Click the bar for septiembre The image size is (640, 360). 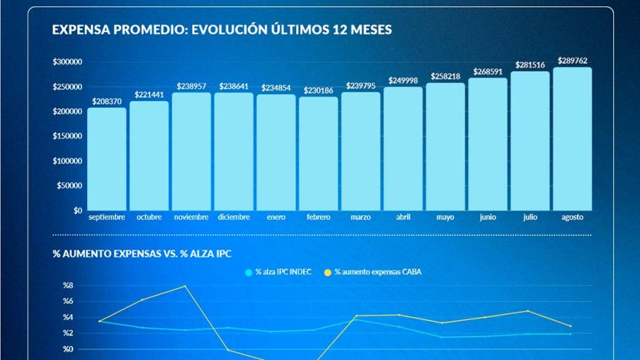107,159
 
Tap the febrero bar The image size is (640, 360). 319,154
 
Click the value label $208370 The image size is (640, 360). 107,102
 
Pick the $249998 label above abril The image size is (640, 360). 403,81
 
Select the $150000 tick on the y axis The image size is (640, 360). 67,136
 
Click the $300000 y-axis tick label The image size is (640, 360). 67,62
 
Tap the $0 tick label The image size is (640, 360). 76,211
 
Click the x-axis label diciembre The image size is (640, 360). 234,218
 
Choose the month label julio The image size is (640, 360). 530,218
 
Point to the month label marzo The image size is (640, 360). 361,218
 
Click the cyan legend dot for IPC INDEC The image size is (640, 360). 248,272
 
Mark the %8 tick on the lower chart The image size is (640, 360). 68,286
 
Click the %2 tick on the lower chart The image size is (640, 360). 68,333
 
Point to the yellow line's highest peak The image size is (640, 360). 185,286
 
